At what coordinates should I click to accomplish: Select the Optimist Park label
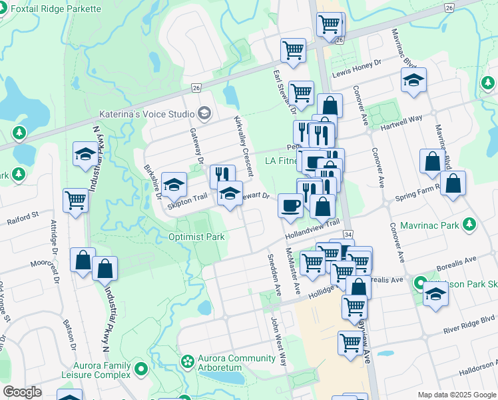pos(196,237)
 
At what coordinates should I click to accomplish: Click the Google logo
pos(23,392)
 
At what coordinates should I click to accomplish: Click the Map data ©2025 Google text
pos(456,395)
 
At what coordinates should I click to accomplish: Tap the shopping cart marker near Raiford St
pos(76,199)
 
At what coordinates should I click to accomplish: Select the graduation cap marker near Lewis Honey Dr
pos(413,80)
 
